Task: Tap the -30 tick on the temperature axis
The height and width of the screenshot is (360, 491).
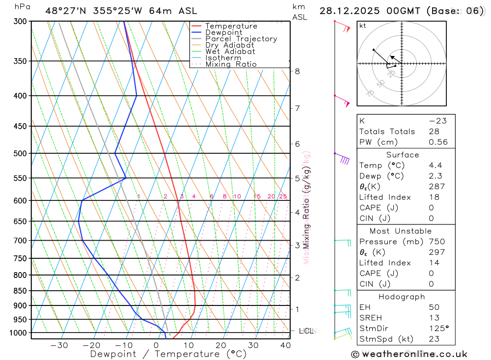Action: (59, 345)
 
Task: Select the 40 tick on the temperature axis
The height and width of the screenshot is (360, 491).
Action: (285, 345)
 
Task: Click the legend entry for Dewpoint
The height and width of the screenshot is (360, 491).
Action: (223, 32)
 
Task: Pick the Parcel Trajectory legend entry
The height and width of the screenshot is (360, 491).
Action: (241, 39)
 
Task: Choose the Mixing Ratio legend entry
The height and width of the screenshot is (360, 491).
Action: (231, 64)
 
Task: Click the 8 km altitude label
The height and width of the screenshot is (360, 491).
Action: (297, 71)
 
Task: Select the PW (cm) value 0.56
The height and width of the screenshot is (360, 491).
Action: (438, 142)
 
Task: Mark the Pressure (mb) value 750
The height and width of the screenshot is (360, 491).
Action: (436, 242)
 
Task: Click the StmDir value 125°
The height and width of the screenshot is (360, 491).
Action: (438, 328)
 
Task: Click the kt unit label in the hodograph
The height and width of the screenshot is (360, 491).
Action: (363, 26)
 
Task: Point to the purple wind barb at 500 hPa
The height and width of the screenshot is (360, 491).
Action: (344, 159)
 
